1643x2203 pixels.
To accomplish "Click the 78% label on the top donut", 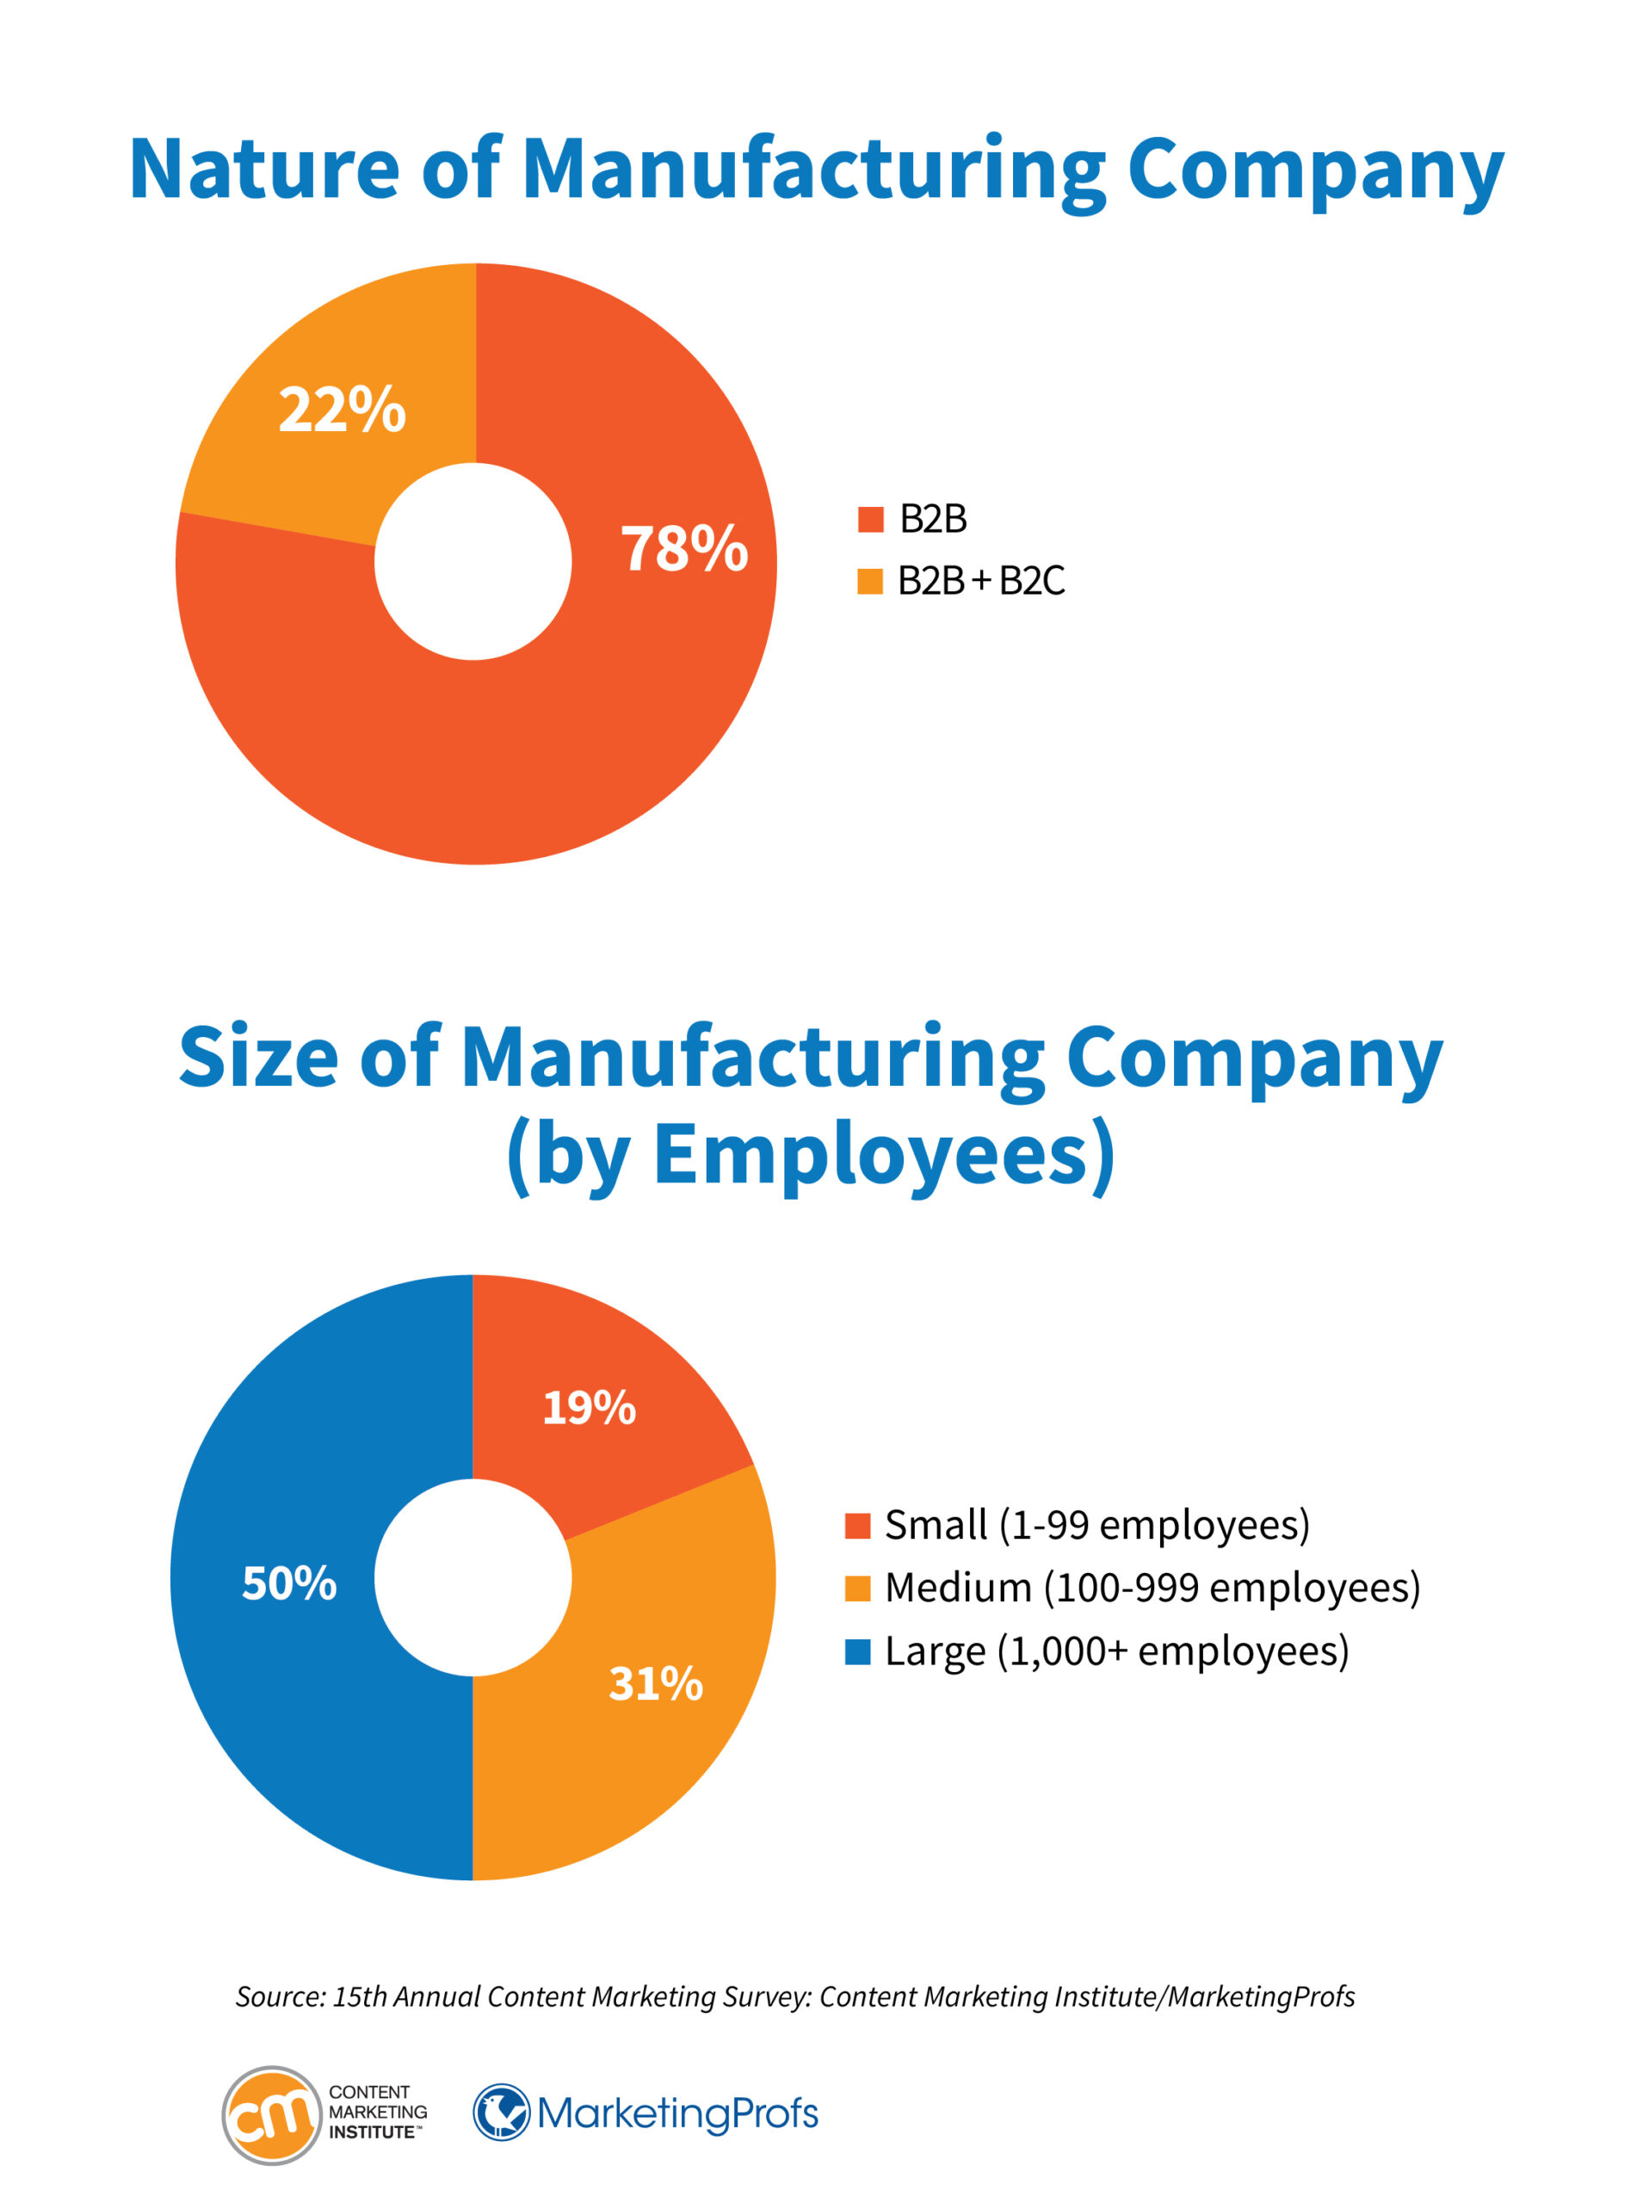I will pyautogui.click(x=684, y=548).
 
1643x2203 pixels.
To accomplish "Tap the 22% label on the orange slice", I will pyautogui.click(x=343, y=410).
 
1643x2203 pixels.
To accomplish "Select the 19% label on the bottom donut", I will pyautogui.click(x=589, y=1408).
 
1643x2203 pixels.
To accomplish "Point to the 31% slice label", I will pyautogui.click(x=656, y=1683).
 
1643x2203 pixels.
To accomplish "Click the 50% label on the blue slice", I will pyautogui.click(x=289, y=1583).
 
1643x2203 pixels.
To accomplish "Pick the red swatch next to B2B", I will pyautogui.click(x=870, y=519).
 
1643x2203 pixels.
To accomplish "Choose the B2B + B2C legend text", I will pyautogui.click(x=980, y=581).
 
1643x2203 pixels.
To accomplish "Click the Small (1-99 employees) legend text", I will pyautogui.click(x=1097, y=1525).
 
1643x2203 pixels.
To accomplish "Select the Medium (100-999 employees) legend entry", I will pyautogui.click(x=1152, y=1588).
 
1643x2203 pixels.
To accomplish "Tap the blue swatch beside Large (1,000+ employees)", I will pyautogui.click(x=857, y=1651).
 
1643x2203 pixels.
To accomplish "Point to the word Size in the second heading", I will pyautogui.click(x=258, y=1057).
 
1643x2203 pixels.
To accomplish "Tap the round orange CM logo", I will pyautogui.click(x=271, y=2114).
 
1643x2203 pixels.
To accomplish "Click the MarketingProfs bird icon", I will pyautogui.click(x=501, y=2112).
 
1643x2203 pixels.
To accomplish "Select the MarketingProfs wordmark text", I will pyautogui.click(x=677, y=2113).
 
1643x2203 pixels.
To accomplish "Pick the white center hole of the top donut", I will pyautogui.click(x=473, y=562).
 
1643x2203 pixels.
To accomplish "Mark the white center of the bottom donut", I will pyautogui.click(x=473, y=1577).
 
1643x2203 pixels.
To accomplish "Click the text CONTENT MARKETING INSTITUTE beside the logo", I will pyautogui.click(x=377, y=2112).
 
